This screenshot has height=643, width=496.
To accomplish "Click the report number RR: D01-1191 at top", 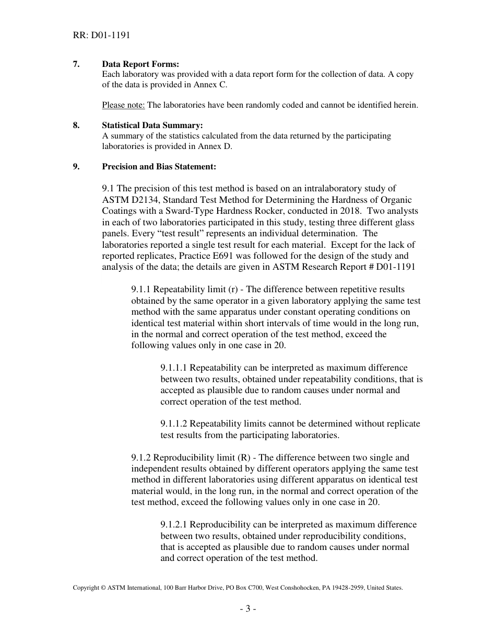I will point(101,36).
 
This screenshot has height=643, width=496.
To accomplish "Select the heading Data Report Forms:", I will point(140,64).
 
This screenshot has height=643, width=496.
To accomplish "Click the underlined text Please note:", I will point(123,105).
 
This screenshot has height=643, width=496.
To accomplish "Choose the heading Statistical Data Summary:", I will point(152,125).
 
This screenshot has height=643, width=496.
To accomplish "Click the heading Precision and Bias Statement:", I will point(159,167).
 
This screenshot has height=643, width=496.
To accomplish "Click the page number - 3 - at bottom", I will point(248,608).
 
